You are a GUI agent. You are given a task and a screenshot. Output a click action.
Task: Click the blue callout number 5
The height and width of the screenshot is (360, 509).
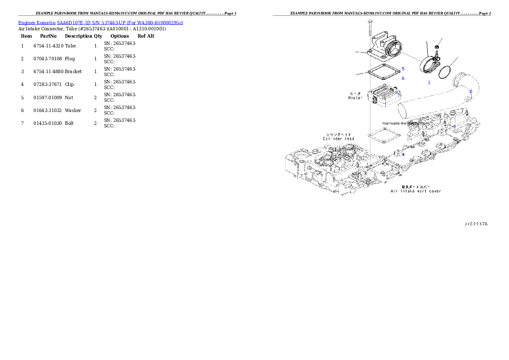click(x=402, y=69)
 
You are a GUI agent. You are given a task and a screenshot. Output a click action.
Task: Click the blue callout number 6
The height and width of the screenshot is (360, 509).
click(x=402, y=79)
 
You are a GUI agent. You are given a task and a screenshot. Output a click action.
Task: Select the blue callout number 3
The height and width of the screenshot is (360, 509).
click(x=429, y=83)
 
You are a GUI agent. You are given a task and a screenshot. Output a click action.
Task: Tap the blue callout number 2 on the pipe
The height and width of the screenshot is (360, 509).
click(x=471, y=91)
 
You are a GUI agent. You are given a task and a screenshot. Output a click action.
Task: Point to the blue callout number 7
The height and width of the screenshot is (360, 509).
click(x=399, y=95)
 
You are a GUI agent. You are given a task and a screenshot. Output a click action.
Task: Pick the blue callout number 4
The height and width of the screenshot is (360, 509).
click(x=403, y=155)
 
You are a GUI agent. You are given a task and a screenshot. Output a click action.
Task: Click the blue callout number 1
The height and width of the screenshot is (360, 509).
click(x=454, y=127)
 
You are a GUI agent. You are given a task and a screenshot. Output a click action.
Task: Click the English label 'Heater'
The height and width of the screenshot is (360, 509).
click(x=355, y=98)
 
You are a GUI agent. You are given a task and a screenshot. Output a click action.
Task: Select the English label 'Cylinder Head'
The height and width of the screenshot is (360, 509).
click(x=338, y=139)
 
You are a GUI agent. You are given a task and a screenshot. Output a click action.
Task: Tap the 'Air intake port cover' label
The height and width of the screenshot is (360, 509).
click(x=416, y=191)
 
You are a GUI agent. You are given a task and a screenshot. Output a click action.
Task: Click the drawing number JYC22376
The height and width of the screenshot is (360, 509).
click(x=476, y=224)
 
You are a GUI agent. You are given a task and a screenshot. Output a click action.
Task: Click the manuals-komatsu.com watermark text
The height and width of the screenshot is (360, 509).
click(x=405, y=123)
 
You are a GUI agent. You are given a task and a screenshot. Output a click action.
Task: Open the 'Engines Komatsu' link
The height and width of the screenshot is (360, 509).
click(x=37, y=23)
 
